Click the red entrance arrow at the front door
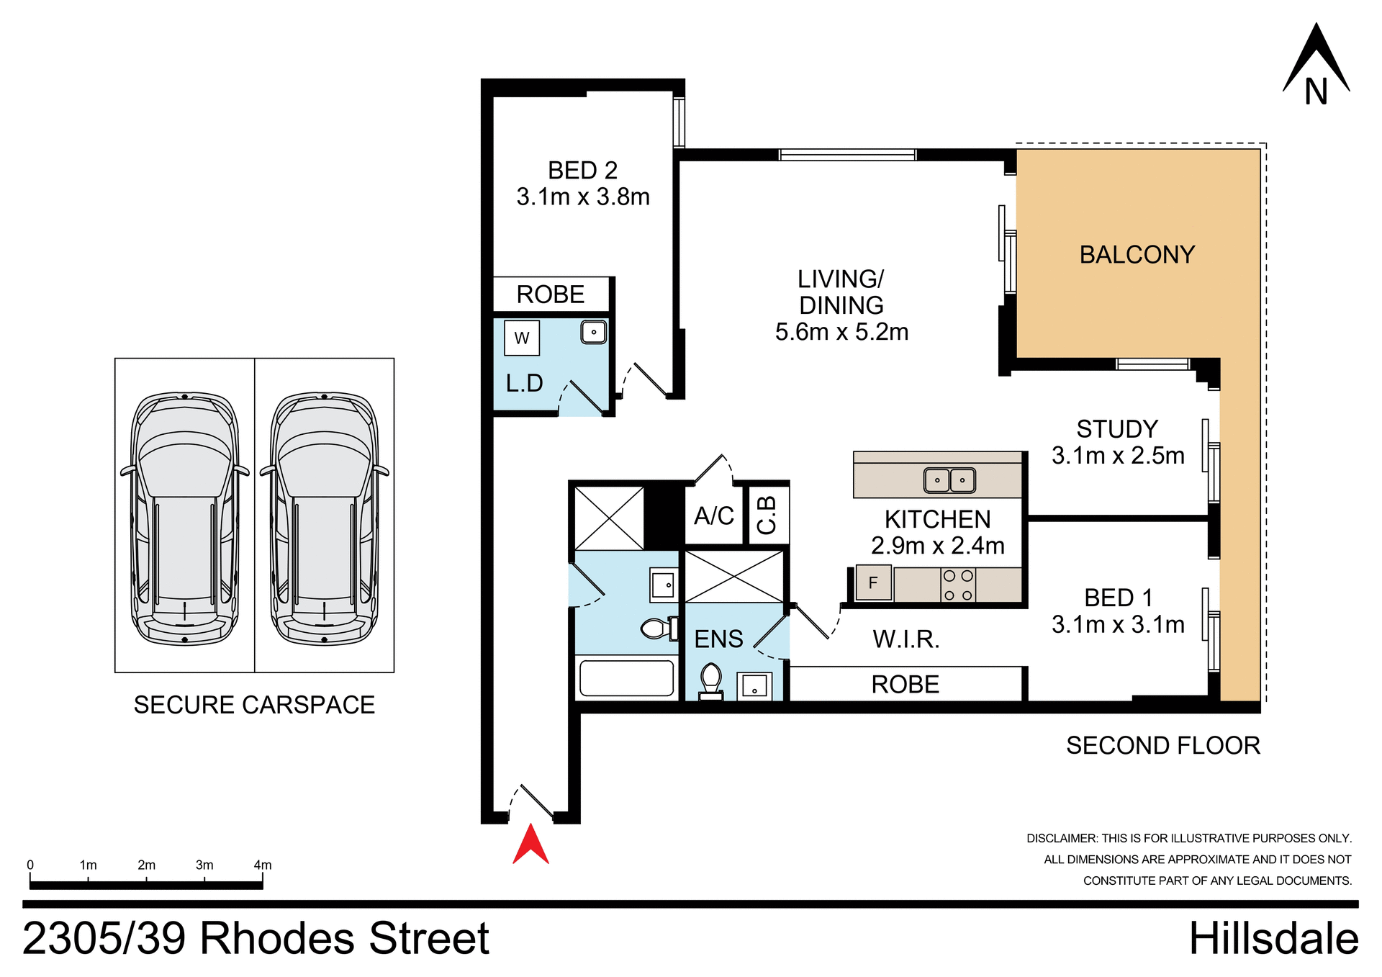point(530,845)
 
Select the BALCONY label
point(1137,254)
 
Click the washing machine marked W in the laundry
point(522,338)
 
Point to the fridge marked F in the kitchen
point(873,582)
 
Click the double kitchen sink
point(949,480)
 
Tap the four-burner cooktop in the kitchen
point(958,585)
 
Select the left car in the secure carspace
point(184,518)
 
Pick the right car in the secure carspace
point(324,518)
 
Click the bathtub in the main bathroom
point(626,677)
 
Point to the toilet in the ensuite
point(711,681)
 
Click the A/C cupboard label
point(713,515)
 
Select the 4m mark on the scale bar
point(262,865)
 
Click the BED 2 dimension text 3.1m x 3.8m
point(582,197)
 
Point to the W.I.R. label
point(905,639)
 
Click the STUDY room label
point(1117,429)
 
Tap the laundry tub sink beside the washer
point(593,332)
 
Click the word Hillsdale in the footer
point(1273,938)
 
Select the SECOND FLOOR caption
point(1162,745)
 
